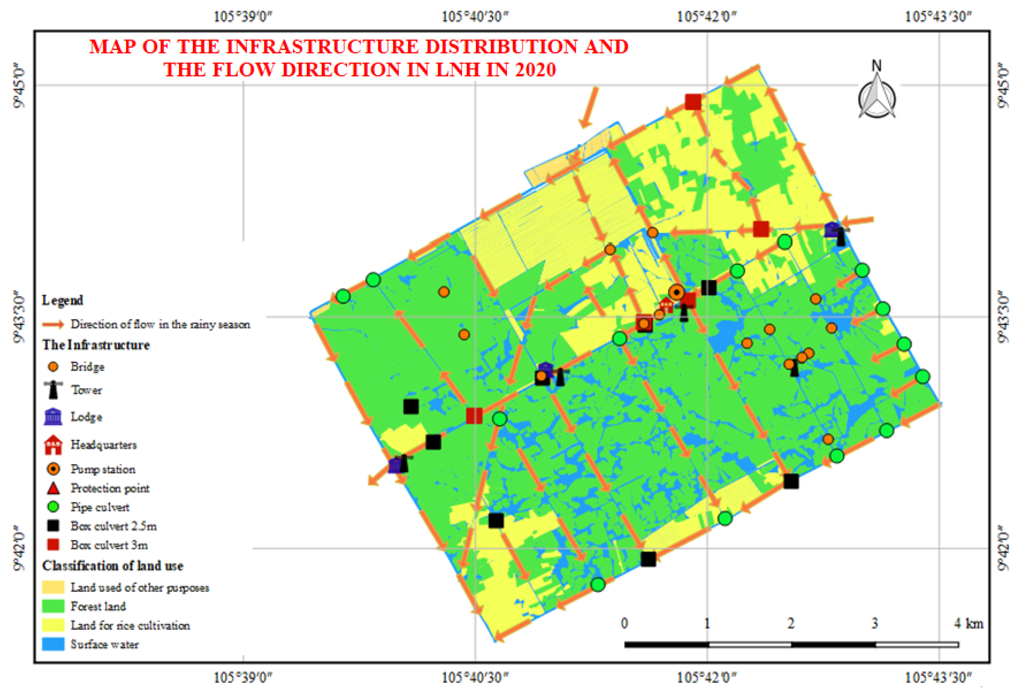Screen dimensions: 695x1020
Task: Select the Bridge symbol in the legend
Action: [x=53, y=366]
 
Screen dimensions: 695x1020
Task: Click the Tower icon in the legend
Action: [x=53, y=390]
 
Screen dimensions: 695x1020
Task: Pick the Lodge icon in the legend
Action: [x=53, y=416]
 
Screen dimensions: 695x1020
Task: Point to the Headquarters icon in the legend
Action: [x=53, y=444]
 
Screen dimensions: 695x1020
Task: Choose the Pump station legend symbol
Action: [x=53, y=469]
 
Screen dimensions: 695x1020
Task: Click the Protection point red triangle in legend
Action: [x=53, y=488]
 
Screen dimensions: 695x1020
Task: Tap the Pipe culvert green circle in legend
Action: [x=53, y=507]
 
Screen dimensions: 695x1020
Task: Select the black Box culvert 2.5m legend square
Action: [x=53, y=526]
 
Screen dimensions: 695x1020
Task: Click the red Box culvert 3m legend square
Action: [x=53, y=545]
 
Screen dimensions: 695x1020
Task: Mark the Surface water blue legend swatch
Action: [x=53, y=644]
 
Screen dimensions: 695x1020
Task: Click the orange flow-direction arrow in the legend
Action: [x=53, y=324]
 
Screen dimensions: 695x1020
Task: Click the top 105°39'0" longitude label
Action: [x=243, y=17]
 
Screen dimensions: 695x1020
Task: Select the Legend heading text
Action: [x=62, y=300]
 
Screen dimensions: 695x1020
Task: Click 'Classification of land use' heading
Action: [x=112, y=566]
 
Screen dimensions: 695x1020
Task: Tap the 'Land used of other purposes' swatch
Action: [x=53, y=587]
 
